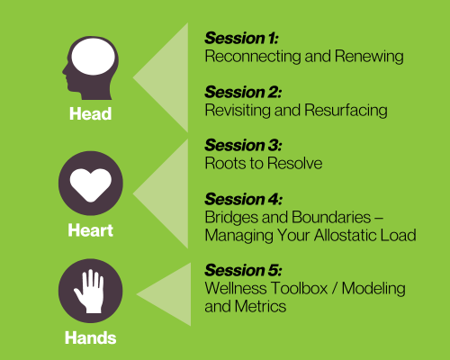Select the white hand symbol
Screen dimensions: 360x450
tap(91, 292)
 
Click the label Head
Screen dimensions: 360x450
tap(91, 115)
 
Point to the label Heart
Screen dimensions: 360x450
tap(91, 230)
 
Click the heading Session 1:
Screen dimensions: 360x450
tap(241, 38)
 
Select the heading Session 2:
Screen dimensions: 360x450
tap(243, 92)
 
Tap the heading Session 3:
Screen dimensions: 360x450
tap(243, 145)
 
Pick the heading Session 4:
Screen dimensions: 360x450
tap(243, 199)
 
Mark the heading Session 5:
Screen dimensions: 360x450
tap(243, 270)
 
